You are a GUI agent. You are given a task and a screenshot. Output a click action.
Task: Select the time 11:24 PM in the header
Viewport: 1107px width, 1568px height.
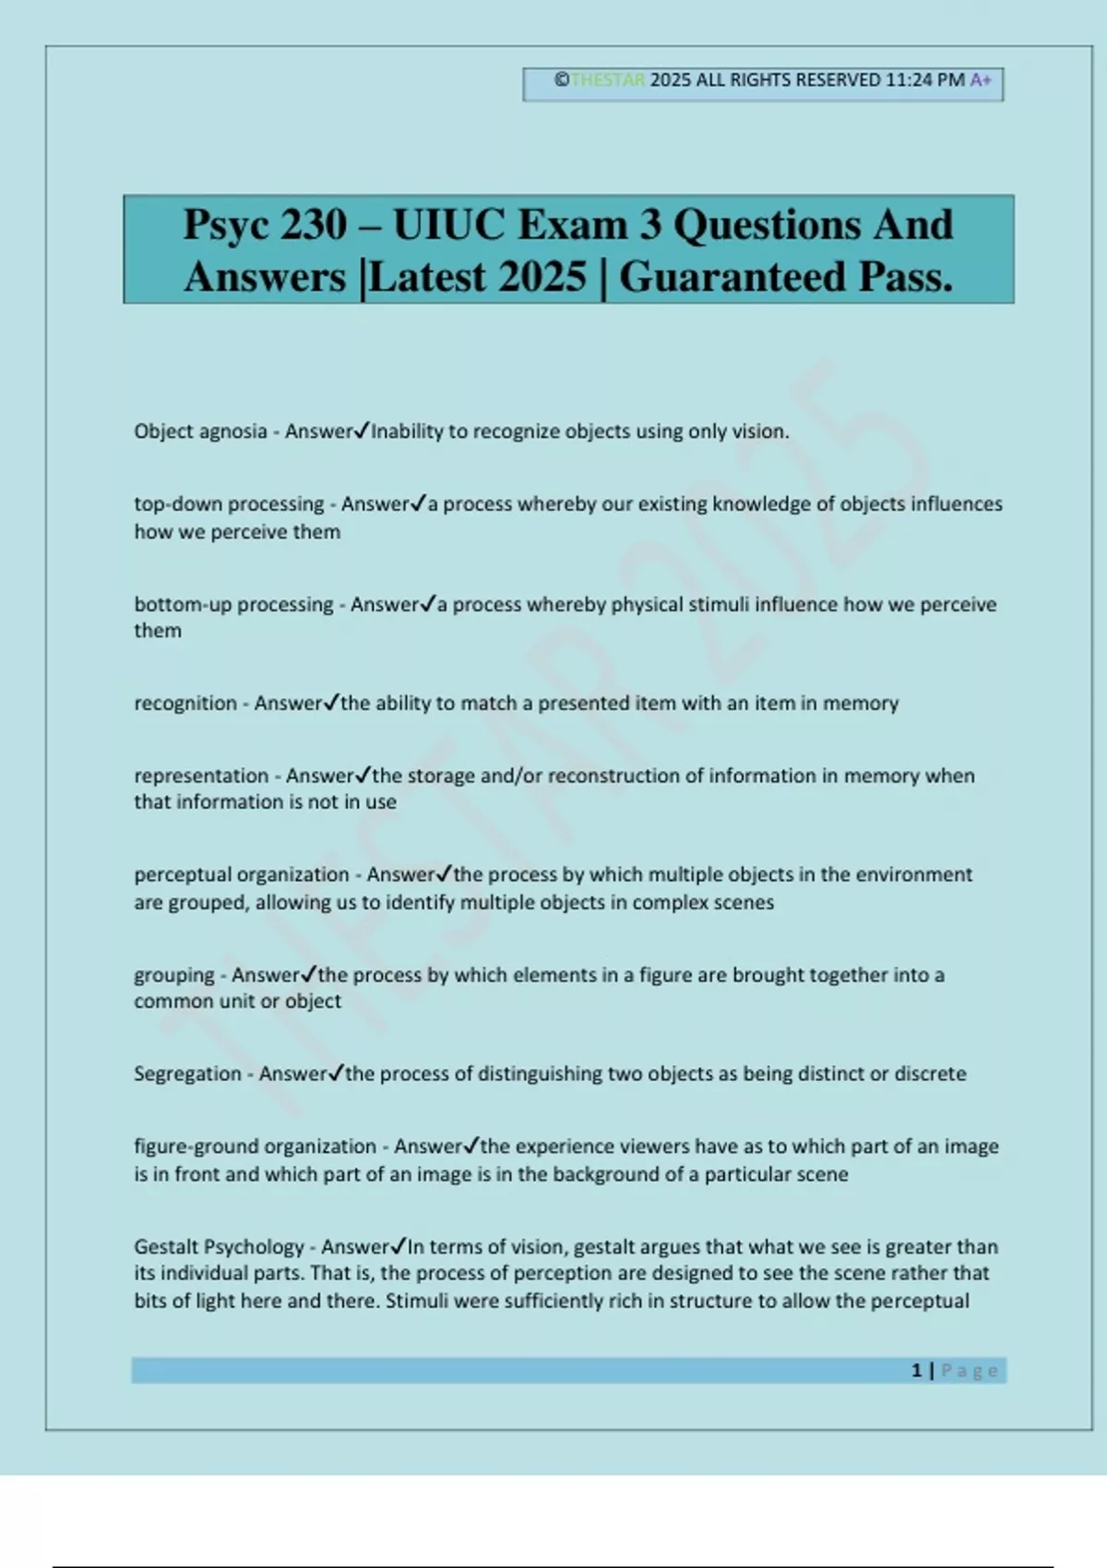924,80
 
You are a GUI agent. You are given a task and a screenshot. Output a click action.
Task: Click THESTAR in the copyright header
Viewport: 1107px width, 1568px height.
608,80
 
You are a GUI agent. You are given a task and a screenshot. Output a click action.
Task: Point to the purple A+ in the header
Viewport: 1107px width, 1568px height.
981,80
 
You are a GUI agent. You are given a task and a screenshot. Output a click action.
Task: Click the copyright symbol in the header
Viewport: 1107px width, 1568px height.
561,80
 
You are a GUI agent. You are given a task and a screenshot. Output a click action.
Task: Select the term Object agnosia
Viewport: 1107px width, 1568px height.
200,432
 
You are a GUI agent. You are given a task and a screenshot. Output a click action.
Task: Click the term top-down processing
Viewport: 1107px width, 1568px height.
229,505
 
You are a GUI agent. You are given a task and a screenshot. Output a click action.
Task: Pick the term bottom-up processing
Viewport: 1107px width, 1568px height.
233,605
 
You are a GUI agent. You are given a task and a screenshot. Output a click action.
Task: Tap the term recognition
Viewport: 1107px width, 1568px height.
185,704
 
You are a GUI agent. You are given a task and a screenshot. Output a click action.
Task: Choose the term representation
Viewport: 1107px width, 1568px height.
201,777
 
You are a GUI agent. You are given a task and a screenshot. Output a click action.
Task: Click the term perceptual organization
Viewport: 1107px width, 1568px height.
242,875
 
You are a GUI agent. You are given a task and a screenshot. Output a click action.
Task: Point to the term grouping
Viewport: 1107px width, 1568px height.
174,976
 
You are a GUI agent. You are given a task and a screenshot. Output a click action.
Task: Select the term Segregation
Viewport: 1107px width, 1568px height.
187,1075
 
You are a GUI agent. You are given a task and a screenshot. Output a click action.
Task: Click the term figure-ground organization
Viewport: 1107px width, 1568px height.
255,1147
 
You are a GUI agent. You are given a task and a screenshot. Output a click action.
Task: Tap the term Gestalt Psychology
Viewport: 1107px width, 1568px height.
219,1248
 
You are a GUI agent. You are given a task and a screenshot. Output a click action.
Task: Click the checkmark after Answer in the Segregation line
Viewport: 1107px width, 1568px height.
336,1073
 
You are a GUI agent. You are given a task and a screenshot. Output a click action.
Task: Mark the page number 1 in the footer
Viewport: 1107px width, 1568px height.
917,1371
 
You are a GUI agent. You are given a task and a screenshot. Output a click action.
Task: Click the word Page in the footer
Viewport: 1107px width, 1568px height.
970,1371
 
